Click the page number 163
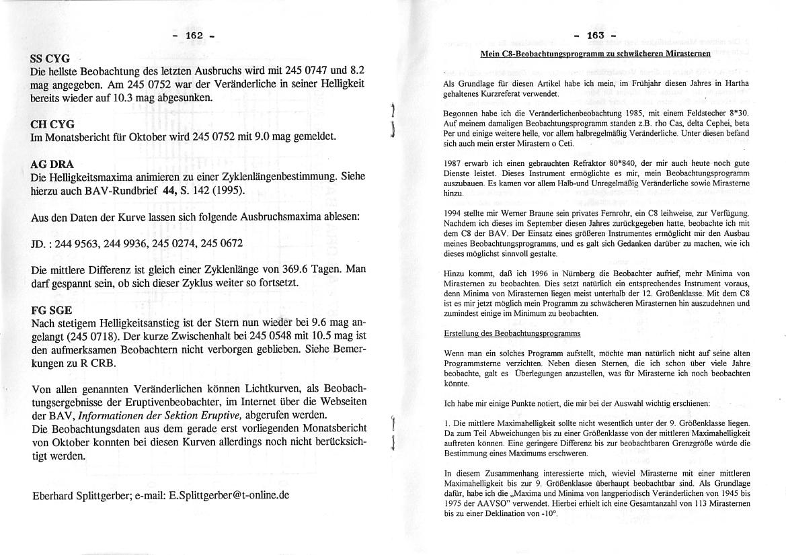596,35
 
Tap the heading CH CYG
52,124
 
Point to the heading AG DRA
52,164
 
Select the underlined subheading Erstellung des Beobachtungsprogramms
512,333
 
